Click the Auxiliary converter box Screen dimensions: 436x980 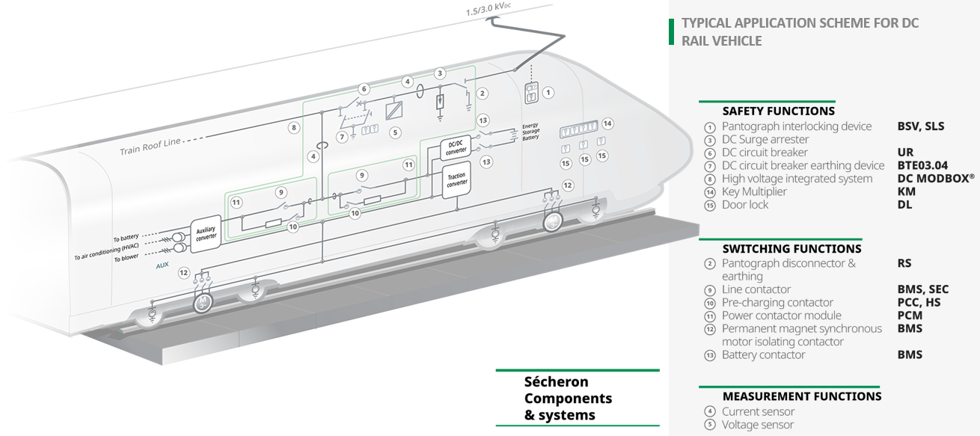[x=205, y=233]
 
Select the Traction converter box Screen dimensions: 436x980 [x=456, y=180]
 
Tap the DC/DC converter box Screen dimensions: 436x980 [x=456, y=147]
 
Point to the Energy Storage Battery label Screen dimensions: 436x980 [x=530, y=132]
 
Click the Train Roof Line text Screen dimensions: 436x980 [x=150, y=147]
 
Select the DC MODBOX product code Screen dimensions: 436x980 [x=936, y=179]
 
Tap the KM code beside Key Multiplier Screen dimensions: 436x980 [x=906, y=191]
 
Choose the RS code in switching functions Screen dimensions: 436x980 [x=904, y=263]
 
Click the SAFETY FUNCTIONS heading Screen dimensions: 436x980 [x=778, y=111]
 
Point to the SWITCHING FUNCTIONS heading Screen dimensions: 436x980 [x=791, y=249]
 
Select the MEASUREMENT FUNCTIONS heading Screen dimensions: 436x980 [x=802, y=396]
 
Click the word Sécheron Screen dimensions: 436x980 [x=557, y=382]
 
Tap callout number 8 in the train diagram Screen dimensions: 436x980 [x=295, y=128]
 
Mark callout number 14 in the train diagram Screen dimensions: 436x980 [x=607, y=123]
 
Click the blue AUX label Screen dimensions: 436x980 [x=162, y=265]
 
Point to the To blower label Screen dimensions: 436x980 [x=126, y=258]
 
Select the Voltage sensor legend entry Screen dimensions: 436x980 [x=758, y=425]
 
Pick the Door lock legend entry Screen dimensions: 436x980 [x=745, y=205]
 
